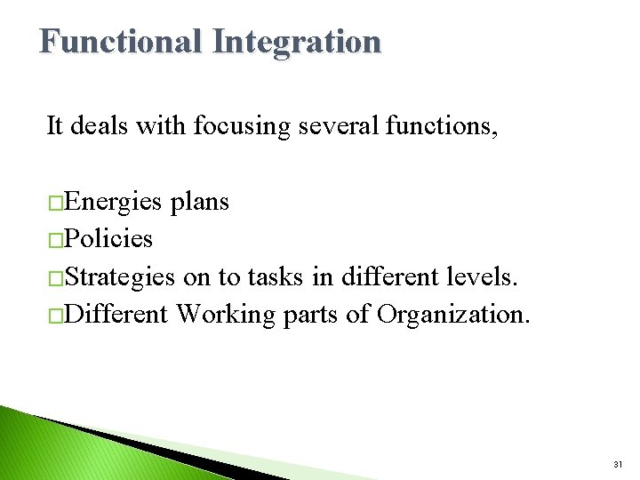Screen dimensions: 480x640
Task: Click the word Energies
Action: tap(113, 203)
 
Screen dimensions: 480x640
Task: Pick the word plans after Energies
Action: tap(199, 203)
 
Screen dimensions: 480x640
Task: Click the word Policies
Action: tap(108, 239)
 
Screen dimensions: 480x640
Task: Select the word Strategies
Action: tap(120, 276)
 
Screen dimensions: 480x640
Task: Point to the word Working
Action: tap(226, 314)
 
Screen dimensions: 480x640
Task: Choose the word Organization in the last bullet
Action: tap(452, 314)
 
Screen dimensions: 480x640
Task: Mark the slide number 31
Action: tap(618, 465)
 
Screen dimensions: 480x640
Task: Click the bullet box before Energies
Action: tap(55, 204)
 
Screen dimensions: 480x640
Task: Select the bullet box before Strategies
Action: tap(55, 278)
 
